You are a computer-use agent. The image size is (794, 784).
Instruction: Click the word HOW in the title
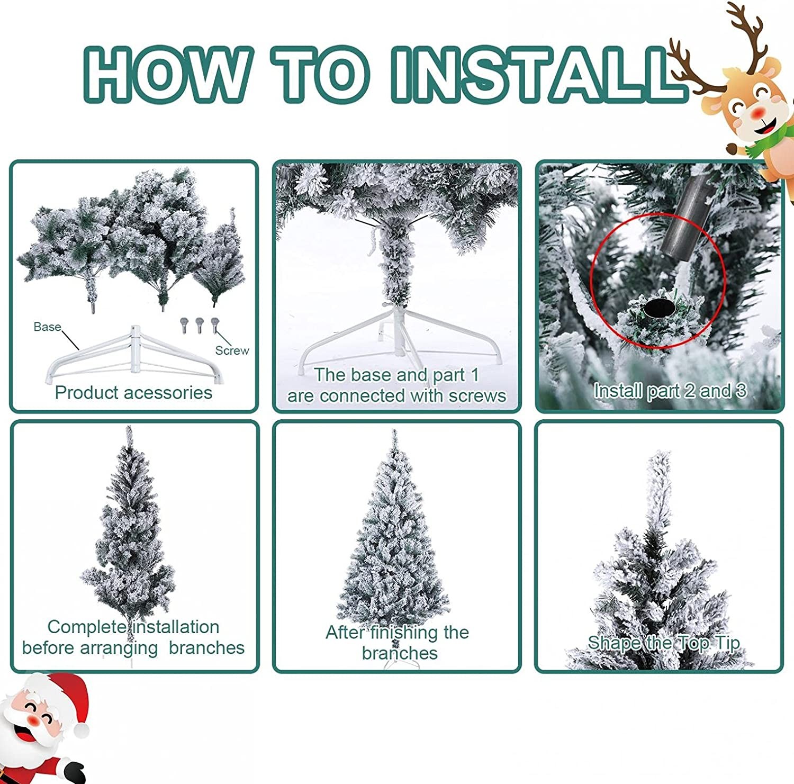(165, 74)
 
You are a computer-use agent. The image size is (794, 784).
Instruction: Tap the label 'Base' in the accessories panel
(47, 327)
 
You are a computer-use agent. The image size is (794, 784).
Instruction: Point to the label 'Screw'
(232, 350)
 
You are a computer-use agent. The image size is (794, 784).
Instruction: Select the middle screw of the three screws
(200, 325)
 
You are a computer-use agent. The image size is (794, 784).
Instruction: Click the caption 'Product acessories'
(133, 393)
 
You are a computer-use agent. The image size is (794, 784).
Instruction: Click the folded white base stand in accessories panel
(135, 356)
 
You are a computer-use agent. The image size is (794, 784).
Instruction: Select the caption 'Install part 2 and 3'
(670, 391)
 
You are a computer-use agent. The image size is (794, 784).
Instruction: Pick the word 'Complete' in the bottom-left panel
(87, 627)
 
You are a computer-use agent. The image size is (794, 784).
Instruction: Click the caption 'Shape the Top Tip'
(663, 643)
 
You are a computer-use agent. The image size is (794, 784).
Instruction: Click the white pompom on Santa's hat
(81, 730)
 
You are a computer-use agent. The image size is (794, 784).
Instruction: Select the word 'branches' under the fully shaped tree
(400, 653)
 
